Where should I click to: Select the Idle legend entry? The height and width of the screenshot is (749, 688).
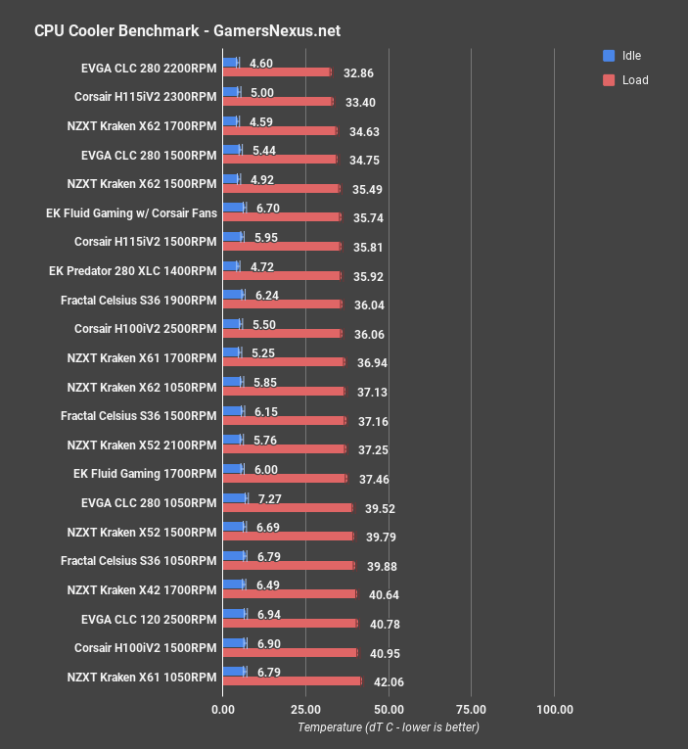[x=631, y=56]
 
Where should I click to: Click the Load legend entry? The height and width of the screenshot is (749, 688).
[x=634, y=80]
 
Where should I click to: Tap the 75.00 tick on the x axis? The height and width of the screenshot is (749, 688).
[x=472, y=709]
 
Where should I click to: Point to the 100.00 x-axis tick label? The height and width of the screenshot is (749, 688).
[x=554, y=709]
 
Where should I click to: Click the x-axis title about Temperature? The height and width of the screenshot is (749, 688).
[x=389, y=727]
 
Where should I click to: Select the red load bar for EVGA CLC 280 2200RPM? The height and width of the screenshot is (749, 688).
[x=277, y=71]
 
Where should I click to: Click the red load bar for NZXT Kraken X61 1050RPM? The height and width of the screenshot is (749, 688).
[x=292, y=680]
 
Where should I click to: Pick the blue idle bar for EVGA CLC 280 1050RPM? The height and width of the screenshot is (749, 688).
[x=235, y=498]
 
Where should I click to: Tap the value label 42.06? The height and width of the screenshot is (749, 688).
[x=390, y=681]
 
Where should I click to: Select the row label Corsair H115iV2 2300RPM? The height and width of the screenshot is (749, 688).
[x=145, y=97]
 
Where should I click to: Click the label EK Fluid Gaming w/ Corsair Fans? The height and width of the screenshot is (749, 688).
[x=131, y=212]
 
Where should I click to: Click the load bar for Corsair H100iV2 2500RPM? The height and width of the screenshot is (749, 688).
[x=282, y=333]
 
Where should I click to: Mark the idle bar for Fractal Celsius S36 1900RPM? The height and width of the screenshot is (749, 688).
[x=233, y=295]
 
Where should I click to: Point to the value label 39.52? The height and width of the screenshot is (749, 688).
[x=382, y=508]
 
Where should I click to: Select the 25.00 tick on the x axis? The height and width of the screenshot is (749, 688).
[x=305, y=709]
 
